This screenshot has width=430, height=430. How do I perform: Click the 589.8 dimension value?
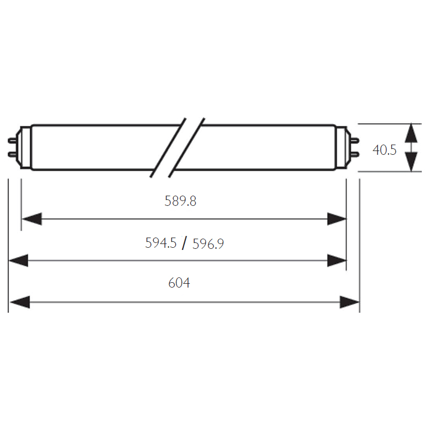(x=181, y=201)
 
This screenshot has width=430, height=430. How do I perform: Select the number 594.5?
(x=161, y=243)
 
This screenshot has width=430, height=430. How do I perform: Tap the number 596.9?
(x=208, y=244)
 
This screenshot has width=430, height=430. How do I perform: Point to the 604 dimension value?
(x=179, y=283)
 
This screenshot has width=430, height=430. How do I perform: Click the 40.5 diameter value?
(x=384, y=150)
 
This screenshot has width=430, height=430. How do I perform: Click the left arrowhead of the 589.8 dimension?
(x=32, y=219)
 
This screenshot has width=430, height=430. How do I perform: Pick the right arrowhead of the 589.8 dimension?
(x=337, y=219)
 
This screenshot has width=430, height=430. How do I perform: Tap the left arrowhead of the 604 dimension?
(x=20, y=302)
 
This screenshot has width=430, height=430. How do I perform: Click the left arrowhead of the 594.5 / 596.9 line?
(x=19, y=260)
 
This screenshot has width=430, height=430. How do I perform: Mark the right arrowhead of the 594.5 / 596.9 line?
(x=337, y=260)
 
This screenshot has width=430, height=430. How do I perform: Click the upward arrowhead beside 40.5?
(x=411, y=133)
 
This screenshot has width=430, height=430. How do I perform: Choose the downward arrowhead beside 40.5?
(x=411, y=162)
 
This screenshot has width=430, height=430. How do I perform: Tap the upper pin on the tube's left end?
(x=12, y=141)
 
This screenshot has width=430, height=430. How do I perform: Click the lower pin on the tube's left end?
(x=12, y=155)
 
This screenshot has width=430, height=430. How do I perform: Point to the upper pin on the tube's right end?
(x=355, y=141)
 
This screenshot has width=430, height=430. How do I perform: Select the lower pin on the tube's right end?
(x=355, y=155)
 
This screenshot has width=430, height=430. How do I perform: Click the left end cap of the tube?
(x=25, y=148)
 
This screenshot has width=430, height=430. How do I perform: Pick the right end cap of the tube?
(x=343, y=148)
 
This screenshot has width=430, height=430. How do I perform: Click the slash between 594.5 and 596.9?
(x=184, y=243)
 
